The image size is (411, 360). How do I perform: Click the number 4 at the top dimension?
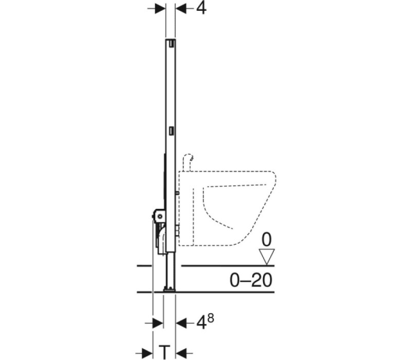pos(201,9)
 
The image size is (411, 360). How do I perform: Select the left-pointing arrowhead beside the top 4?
pos(181,9)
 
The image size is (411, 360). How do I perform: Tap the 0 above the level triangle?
pos(267,240)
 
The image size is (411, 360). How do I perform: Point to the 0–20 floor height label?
pos(251,280)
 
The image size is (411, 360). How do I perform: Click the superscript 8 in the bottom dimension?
pos(211,318)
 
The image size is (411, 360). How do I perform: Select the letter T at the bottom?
pos(164,352)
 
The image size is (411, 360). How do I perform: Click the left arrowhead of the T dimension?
pos(147,352)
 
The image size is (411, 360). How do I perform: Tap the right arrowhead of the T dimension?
pos(181,352)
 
